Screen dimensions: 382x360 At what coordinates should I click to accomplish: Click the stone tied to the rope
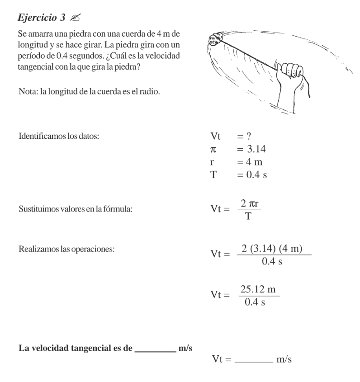tap(213, 40)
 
